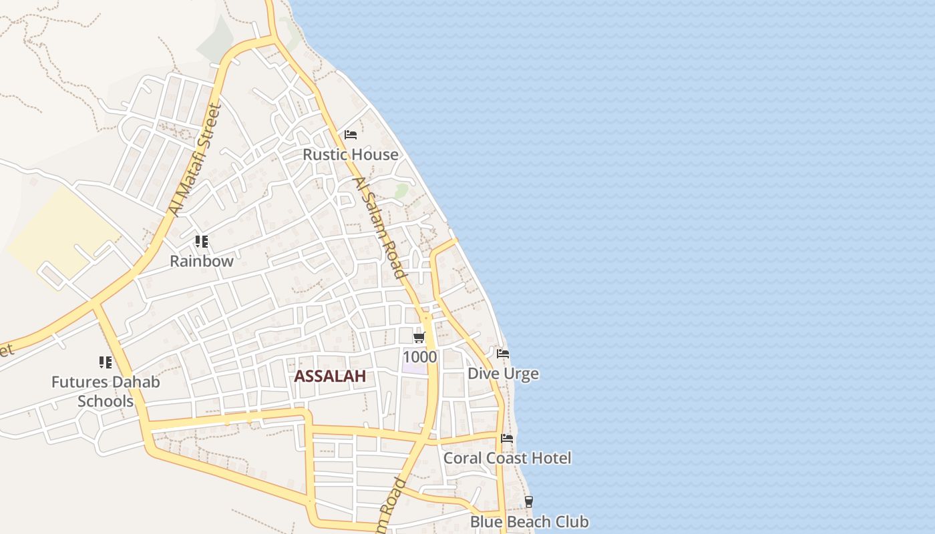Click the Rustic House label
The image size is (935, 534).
pyautogui.click(x=351, y=155)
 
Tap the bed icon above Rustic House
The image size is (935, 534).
pyautogui.click(x=351, y=135)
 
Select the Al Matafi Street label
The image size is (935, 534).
pyautogui.click(x=194, y=160)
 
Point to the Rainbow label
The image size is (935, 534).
pyautogui.click(x=202, y=261)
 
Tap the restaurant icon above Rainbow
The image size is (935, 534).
pyautogui.click(x=201, y=242)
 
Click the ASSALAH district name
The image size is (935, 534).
pyautogui.click(x=330, y=376)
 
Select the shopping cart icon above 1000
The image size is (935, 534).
pyautogui.click(x=419, y=337)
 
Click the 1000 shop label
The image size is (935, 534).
pyautogui.click(x=419, y=357)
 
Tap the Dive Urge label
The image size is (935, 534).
pyautogui.click(x=503, y=374)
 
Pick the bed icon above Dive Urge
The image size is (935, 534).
pyautogui.click(x=503, y=353)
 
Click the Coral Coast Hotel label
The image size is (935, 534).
pyautogui.click(x=508, y=459)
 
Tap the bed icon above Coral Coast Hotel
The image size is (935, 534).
pyautogui.click(x=508, y=439)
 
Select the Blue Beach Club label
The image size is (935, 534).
pyautogui.click(x=530, y=522)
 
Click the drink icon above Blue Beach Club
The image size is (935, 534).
pyautogui.click(x=529, y=501)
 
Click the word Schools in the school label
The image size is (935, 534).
pyautogui.click(x=106, y=401)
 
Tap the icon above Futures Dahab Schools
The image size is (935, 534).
pyautogui.click(x=106, y=362)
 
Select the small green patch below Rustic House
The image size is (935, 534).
pyautogui.click(x=401, y=192)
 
